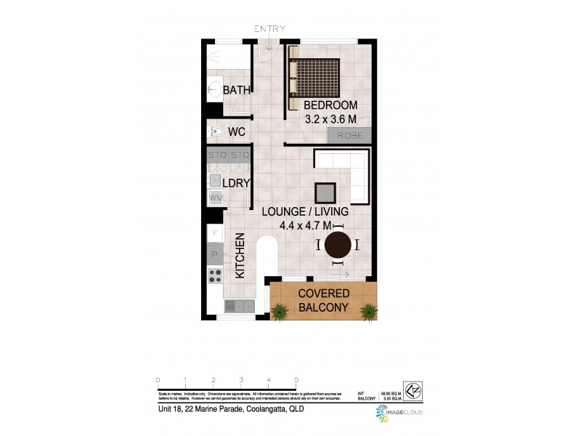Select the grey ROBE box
pyautogui.click(x=349, y=135)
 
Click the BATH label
pyautogui.click(x=237, y=90)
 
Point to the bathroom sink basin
pyautogui.click(x=214, y=90)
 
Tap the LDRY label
pyautogui.click(x=236, y=183)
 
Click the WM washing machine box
pyautogui.click(x=216, y=197)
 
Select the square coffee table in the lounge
pyautogui.click(x=325, y=192)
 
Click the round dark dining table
pyautogui.click(x=338, y=245)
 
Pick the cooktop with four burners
pyautogui.click(x=215, y=275)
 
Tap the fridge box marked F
pyautogui.click(x=215, y=233)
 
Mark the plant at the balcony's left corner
pyautogui.click(x=279, y=312)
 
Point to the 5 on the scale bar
pyautogui.click(x=296, y=380)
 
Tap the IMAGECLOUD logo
pyautogui.click(x=398, y=413)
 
